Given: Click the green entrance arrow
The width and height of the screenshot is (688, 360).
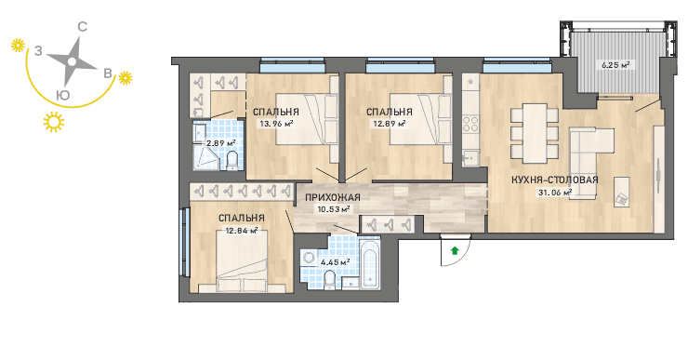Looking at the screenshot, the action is [455, 250].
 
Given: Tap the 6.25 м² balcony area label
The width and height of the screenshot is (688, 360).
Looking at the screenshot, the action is [615, 65].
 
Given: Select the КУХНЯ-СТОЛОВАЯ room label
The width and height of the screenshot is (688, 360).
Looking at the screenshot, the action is [555, 180].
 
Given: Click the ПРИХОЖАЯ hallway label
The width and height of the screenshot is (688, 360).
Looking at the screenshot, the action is [333, 197].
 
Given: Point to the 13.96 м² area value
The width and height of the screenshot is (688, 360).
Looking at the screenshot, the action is [276, 124].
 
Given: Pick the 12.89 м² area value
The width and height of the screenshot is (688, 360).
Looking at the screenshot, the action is [390, 124].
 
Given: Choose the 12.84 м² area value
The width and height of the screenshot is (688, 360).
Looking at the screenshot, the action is [241, 230].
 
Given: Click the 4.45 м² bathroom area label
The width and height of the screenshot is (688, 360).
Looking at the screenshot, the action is [336, 262].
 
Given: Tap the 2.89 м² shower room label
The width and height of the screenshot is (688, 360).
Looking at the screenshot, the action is [221, 143].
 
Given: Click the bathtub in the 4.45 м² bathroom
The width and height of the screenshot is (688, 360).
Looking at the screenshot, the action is [370, 264].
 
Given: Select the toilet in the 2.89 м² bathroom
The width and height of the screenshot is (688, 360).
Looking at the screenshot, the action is [232, 160].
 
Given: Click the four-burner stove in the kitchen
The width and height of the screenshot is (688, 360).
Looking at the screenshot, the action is [470, 123].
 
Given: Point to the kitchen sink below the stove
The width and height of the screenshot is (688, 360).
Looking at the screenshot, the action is [470, 157].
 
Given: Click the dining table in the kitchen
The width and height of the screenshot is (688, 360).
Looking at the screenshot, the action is [535, 133].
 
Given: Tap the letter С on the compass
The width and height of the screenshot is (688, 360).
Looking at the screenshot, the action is [82, 27].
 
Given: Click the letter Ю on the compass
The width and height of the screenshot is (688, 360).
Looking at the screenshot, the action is [63, 95].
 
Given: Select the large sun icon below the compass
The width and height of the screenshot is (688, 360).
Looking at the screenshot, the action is [54, 122].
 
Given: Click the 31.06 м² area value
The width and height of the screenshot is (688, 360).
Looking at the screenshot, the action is [555, 192].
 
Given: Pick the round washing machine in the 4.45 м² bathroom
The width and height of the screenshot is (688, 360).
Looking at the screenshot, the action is [309, 259].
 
